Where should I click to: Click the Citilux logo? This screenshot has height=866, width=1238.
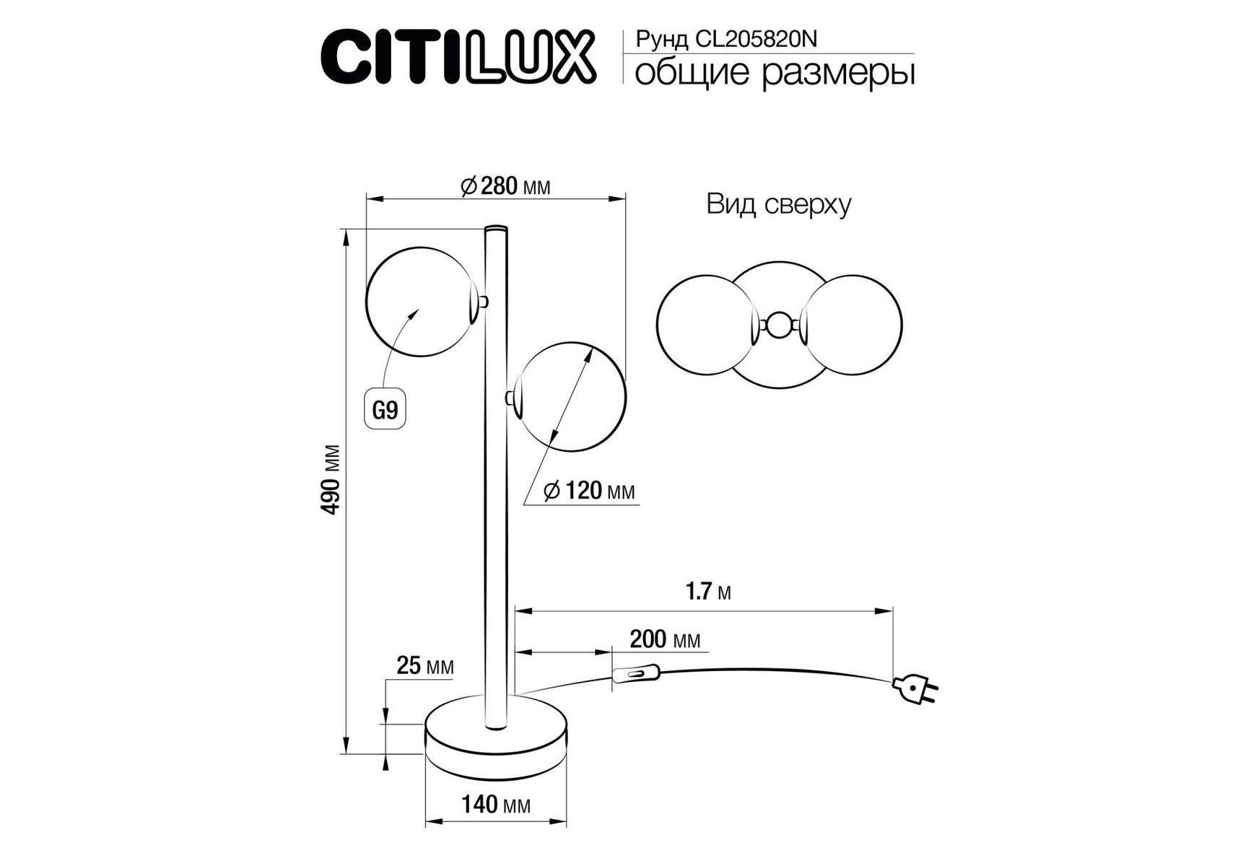coord(458,56)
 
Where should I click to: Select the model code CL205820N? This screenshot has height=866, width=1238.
coord(756,39)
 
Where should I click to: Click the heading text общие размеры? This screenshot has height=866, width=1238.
coord(775,74)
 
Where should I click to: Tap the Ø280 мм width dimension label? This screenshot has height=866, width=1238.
coord(505,186)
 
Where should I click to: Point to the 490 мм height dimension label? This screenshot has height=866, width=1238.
coord(331,479)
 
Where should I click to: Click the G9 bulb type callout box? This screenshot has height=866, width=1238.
coord(385,410)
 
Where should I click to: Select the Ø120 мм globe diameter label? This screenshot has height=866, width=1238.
coord(589,491)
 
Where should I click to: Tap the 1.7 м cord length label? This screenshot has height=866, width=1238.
coord(708,592)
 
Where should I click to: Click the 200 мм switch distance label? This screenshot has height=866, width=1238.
coord(665,639)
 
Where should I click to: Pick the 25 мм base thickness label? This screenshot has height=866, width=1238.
coord(425,665)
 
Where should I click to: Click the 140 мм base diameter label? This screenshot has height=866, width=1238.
coord(496,804)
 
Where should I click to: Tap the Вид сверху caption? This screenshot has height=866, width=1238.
coord(779,204)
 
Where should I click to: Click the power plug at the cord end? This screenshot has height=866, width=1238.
coord(915,688)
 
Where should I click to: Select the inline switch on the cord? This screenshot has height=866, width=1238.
coord(636,675)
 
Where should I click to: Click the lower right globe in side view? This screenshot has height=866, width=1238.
coord(571,397)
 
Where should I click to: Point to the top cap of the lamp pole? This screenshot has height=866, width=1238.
coord(496,229)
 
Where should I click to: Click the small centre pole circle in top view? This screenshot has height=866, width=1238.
coord(778,325)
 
